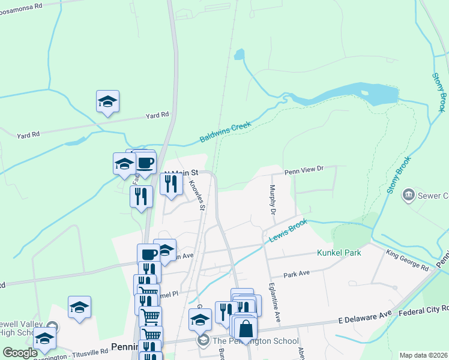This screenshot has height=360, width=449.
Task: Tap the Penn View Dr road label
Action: tap(304, 170)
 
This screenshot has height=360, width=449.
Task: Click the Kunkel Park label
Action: tap(339, 253)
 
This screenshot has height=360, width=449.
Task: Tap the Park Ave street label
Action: tap(297, 273)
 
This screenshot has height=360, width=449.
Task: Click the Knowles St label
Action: tap(197, 196)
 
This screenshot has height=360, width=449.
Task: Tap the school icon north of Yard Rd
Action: tap(107, 101)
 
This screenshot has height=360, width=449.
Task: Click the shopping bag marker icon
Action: tap(245, 328)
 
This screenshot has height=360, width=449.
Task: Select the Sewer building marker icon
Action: tap(409, 194)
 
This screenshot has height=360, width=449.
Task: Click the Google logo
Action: tap(20, 353)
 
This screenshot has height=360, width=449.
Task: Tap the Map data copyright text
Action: tap(423, 355)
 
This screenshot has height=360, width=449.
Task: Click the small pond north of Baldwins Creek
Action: tap(240, 55)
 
